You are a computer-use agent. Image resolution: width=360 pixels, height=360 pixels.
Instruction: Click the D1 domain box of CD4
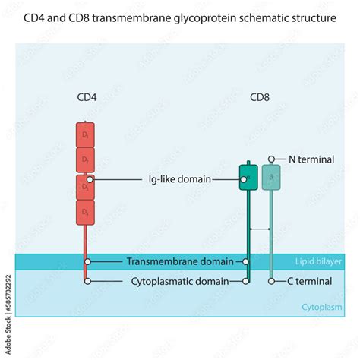pyautogui.click(x=86, y=135)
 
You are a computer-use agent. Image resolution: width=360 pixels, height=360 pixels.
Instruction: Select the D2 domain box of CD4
pyautogui.click(x=86, y=160)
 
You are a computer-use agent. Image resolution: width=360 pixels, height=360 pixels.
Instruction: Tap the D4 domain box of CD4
pyautogui.click(x=86, y=210)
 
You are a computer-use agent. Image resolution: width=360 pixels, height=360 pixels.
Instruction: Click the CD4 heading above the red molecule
pyautogui.click(x=87, y=97)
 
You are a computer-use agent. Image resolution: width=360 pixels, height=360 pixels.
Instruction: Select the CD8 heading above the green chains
pyautogui.click(x=260, y=97)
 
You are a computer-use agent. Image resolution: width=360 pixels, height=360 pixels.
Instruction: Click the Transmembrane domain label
pyautogui.click(x=180, y=261)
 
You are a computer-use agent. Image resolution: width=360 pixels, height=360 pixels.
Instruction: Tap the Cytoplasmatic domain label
pyautogui.click(x=181, y=281)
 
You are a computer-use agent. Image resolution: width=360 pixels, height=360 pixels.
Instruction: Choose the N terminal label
pyautogui.click(x=310, y=159)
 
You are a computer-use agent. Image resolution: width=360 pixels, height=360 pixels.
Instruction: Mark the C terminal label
pyautogui.click(x=310, y=281)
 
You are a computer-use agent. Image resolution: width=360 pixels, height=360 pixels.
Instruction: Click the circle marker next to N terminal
pyautogui.click(x=272, y=159)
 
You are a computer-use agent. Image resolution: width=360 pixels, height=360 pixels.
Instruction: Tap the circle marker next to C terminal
pyautogui.click(x=272, y=281)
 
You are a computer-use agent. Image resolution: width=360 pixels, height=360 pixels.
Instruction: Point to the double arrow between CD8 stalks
pyautogui.click(x=260, y=229)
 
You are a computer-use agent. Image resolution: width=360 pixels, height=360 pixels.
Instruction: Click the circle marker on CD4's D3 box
pyautogui.click(x=90, y=180)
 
